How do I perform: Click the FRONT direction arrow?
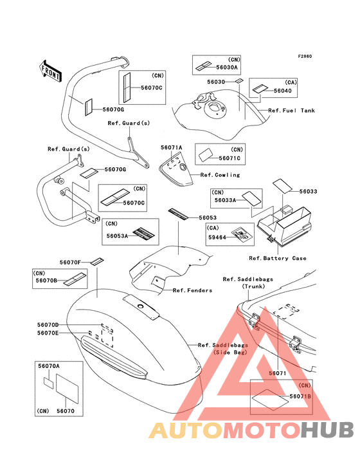[50, 71]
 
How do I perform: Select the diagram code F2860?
[305, 56]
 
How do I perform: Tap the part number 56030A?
[227, 68]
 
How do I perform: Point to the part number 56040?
[283, 91]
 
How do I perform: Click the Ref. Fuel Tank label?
[292, 111]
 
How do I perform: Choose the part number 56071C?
[230, 158]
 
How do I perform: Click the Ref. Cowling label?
[221, 175]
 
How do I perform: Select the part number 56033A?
[225, 199]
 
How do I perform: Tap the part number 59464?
[217, 237]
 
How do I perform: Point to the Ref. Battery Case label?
[278, 258]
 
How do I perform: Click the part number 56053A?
[117, 235]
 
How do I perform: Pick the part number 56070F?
[70, 263]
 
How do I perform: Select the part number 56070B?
[46, 281]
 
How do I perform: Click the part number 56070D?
[48, 325]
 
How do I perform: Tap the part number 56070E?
[48, 333]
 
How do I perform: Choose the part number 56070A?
[49, 366]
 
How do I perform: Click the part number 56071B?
[300, 396]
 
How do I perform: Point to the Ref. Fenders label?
[193, 290]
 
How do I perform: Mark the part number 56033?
[308, 191]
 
